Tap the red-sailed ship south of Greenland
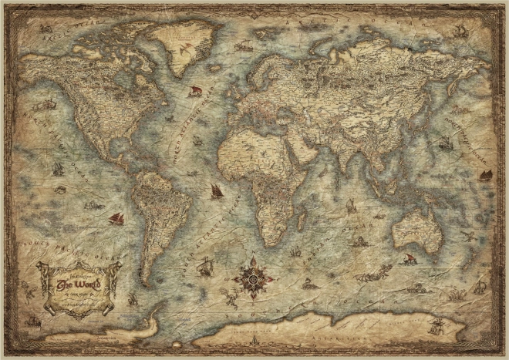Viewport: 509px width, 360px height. point(194,92)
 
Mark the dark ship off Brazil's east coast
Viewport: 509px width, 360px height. point(217,191)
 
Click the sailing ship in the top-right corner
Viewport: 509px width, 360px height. point(460,32)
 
